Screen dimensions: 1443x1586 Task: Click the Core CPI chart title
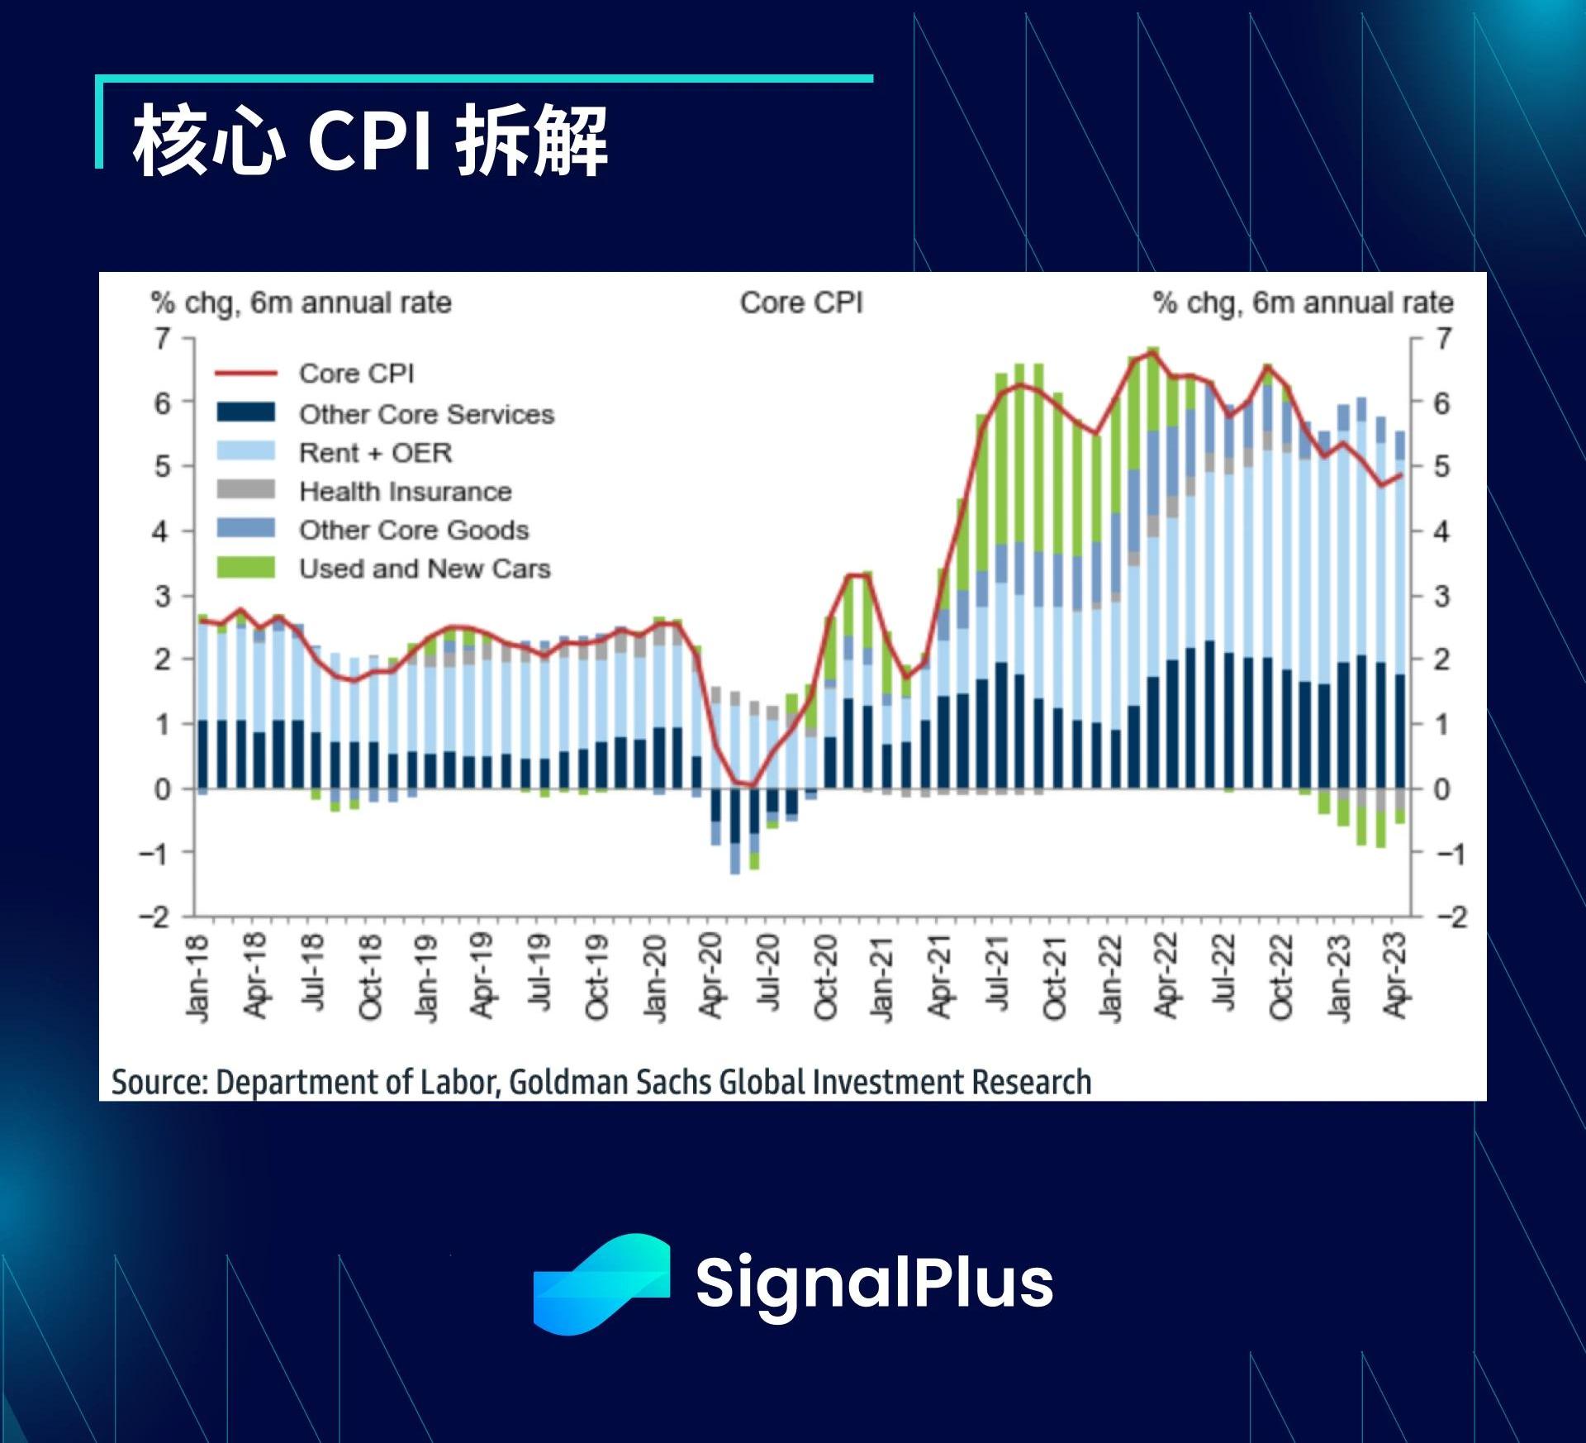(x=800, y=302)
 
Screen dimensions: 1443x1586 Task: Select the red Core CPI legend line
(x=246, y=374)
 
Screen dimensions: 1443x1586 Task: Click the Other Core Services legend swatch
(x=246, y=412)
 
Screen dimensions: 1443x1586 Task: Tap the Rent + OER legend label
(x=375, y=452)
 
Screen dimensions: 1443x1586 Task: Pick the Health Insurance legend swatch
(x=246, y=489)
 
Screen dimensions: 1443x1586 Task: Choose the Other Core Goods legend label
(x=413, y=530)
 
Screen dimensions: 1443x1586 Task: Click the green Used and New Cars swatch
(x=246, y=568)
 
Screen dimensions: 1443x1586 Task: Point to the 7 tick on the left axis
(x=163, y=338)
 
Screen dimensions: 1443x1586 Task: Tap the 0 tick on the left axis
(x=163, y=789)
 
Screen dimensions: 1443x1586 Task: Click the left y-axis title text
(x=301, y=303)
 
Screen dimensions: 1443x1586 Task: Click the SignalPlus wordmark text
(x=874, y=1282)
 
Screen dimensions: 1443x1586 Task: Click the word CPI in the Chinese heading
(x=369, y=140)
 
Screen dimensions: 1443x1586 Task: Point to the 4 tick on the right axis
(x=1441, y=531)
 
